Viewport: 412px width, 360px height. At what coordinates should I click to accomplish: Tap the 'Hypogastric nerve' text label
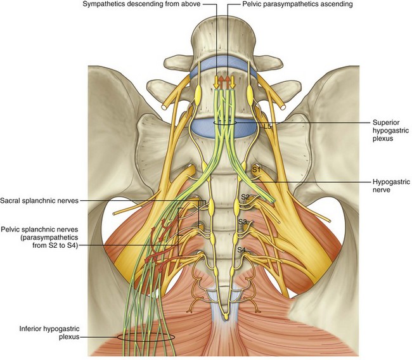(x=388, y=184)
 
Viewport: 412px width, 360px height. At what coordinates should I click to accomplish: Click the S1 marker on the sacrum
(x=256, y=170)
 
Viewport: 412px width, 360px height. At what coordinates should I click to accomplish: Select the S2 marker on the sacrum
(x=245, y=198)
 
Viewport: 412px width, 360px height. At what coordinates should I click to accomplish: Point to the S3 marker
(x=242, y=222)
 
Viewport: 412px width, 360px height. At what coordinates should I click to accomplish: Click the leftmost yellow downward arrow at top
(x=216, y=82)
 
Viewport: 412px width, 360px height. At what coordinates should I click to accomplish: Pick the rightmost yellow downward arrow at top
(x=232, y=82)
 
